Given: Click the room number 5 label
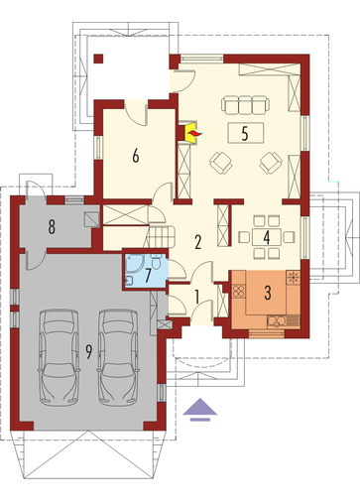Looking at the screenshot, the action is [x=245, y=133].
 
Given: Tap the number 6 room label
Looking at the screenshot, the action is [x=136, y=156].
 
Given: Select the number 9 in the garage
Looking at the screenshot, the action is [x=88, y=352].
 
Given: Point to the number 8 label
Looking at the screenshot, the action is [x=52, y=227].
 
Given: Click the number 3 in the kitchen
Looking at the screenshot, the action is [x=268, y=293].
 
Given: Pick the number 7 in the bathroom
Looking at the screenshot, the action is [x=148, y=275].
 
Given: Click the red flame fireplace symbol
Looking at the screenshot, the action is [x=193, y=133].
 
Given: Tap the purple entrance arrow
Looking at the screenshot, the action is [x=200, y=410].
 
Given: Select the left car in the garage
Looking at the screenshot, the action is [x=59, y=357].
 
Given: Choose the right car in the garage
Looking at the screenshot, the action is [x=118, y=357].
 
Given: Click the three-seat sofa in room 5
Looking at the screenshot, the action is [x=245, y=104].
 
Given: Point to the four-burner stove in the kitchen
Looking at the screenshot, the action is [x=238, y=291].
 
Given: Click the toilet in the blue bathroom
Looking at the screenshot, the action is [x=157, y=261].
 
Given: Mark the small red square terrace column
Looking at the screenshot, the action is [x=98, y=59].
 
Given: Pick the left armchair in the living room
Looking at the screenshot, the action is [x=220, y=163].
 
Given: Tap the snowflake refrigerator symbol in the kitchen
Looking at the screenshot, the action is [x=293, y=277].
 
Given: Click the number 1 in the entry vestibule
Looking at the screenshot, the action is [x=197, y=297].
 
